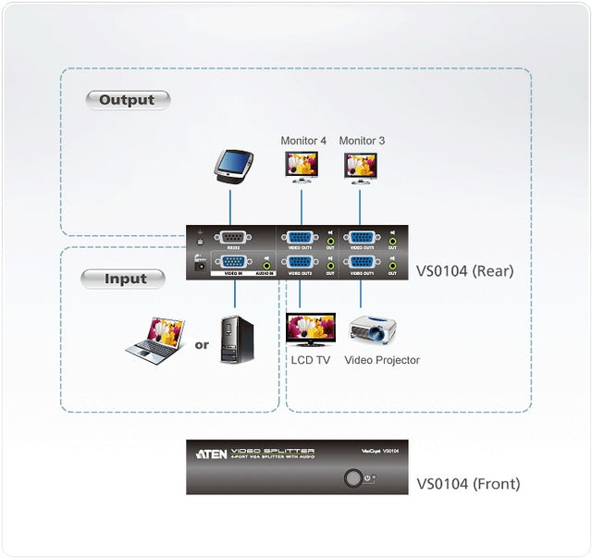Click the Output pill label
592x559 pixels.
click(128, 100)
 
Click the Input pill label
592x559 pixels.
click(123, 279)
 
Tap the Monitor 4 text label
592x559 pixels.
click(303, 141)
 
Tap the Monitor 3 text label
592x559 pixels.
click(362, 141)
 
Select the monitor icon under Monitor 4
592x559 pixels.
click(302, 167)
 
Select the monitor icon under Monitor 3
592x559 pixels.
click(360, 167)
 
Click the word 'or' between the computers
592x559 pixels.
click(201, 345)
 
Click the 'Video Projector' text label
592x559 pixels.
click(382, 360)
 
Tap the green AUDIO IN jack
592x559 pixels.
click(266, 266)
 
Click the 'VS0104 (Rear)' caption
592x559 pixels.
click(464, 272)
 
